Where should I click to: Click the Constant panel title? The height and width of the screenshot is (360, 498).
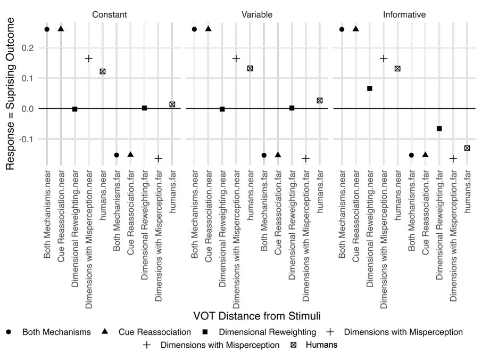point(109,15)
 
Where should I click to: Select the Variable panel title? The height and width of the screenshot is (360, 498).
point(257,15)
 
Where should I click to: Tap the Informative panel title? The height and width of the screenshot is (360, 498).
point(404,15)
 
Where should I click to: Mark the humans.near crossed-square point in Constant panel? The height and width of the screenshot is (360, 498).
point(103,71)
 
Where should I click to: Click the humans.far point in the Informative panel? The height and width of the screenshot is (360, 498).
point(467,148)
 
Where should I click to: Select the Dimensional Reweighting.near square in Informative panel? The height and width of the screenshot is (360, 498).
point(370,88)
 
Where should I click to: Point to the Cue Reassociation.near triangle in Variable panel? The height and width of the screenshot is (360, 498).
point(209,29)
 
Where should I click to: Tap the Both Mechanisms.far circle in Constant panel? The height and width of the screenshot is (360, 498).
point(117,155)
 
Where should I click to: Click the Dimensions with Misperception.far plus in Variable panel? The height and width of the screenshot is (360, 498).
point(306,159)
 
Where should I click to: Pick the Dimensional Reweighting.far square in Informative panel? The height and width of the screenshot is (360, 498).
point(439,128)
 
